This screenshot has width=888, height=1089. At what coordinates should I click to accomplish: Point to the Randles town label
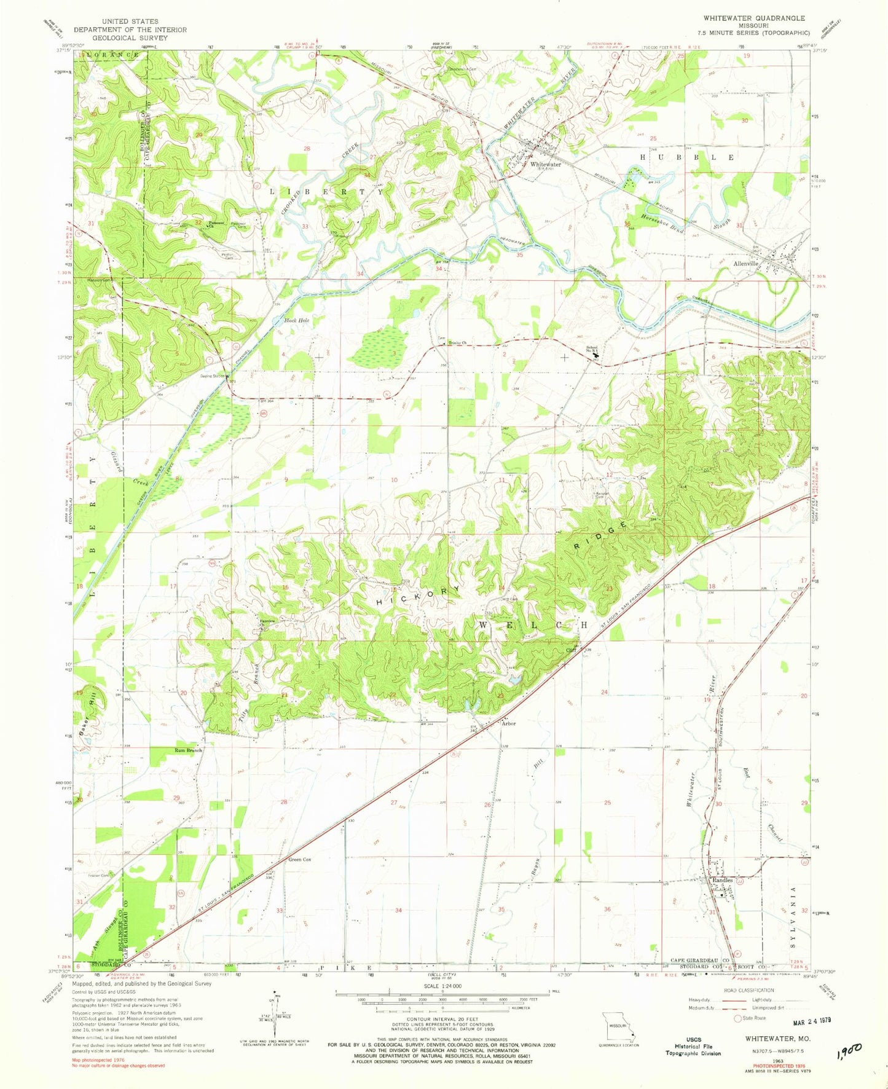tap(722, 880)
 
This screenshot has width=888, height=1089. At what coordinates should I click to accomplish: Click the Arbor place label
tap(508, 723)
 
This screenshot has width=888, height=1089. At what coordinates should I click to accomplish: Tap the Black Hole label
tap(292, 320)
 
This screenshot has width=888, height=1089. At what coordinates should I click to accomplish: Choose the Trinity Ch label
tap(458, 343)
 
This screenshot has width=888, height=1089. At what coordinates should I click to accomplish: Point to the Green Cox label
tap(299, 860)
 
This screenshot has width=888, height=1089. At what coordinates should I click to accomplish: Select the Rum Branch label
tap(187, 750)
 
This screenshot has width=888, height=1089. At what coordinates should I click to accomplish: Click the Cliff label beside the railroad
tap(571, 649)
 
